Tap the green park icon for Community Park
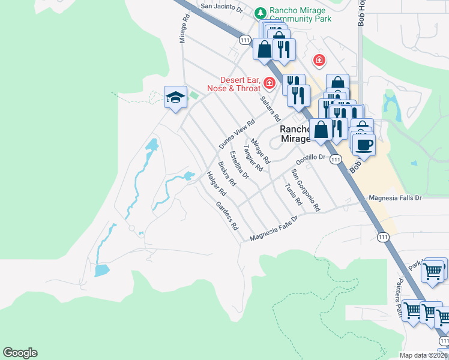pos(260,12)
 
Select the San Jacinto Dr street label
pos(221,8)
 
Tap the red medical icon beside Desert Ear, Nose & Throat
pos(270,83)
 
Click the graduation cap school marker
pos(175,97)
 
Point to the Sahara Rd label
pos(271,109)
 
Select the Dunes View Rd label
pos(233,134)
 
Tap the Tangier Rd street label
pos(253,158)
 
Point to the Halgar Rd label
pos(215,184)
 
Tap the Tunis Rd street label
pos(292,192)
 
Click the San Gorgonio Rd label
pos(306,190)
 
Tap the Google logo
pos(20,353)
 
